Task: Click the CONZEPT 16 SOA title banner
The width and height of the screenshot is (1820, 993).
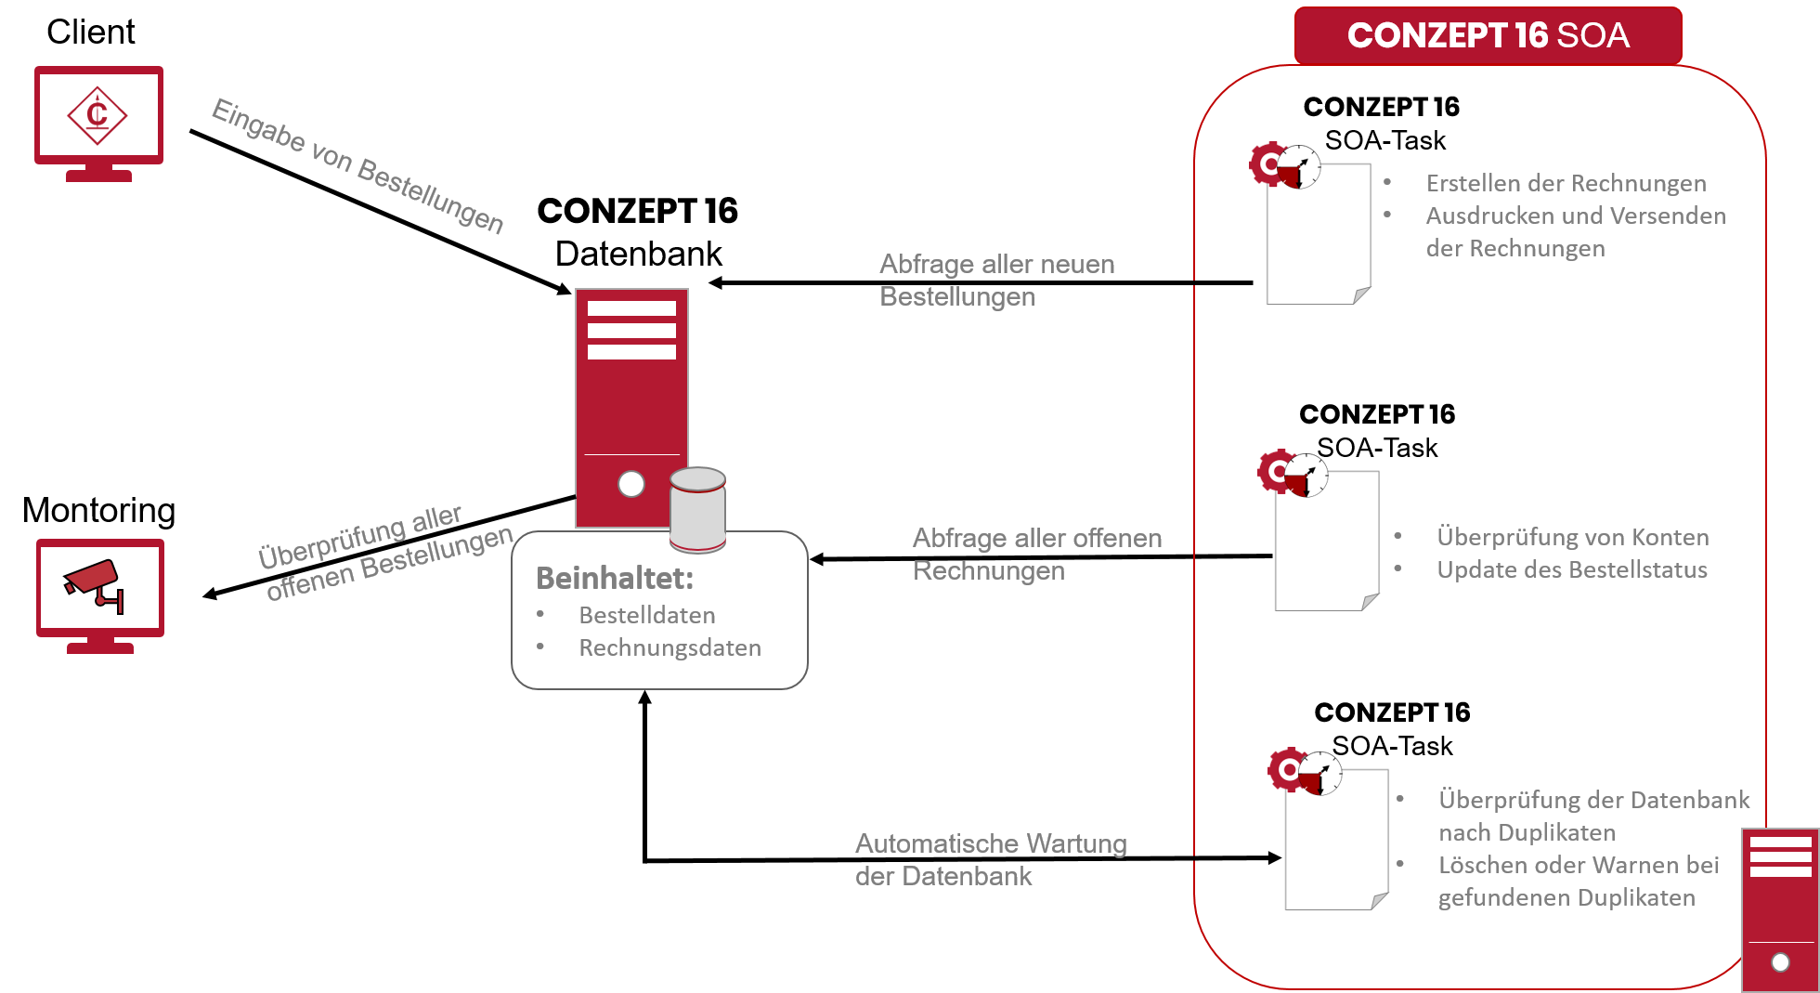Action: coord(1488,35)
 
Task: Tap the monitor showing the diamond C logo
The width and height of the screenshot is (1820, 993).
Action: coord(98,116)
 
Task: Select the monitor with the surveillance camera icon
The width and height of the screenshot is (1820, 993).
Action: coord(100,588)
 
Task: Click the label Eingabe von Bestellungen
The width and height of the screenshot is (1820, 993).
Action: coord(357,166)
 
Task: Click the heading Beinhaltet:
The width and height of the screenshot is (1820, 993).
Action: coord(615,578)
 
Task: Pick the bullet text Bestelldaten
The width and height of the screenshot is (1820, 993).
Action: coord(647,615)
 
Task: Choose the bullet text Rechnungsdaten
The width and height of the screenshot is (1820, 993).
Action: coord(669,647)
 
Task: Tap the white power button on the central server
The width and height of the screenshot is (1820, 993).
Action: coord(631,484)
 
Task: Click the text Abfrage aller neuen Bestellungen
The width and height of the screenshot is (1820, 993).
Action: coord(996,280)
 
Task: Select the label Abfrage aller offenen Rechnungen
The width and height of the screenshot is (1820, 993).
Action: coord(1036,554)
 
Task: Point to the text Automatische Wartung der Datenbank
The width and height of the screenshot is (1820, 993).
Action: coord(990,859)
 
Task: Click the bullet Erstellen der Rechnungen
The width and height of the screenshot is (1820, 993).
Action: coord(1566,183)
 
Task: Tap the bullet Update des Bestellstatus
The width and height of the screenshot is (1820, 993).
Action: coord(1571,569)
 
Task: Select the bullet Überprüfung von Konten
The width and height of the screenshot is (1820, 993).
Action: coord(1572,537)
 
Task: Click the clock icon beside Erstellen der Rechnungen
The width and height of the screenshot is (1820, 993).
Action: coord(1299,167)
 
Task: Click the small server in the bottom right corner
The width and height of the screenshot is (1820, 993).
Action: coord(1780,910)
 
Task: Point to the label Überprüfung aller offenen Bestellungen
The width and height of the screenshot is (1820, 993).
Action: coord(385,553)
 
